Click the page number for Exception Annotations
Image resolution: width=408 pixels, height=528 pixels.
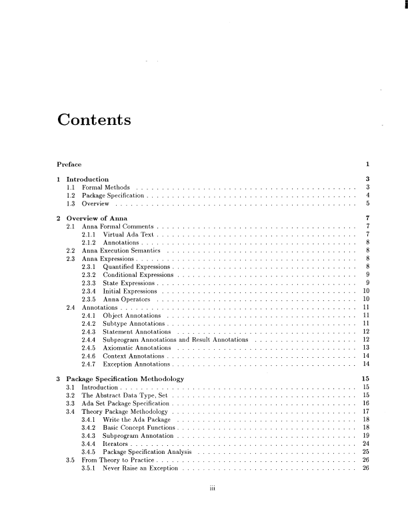pos(365,365)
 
